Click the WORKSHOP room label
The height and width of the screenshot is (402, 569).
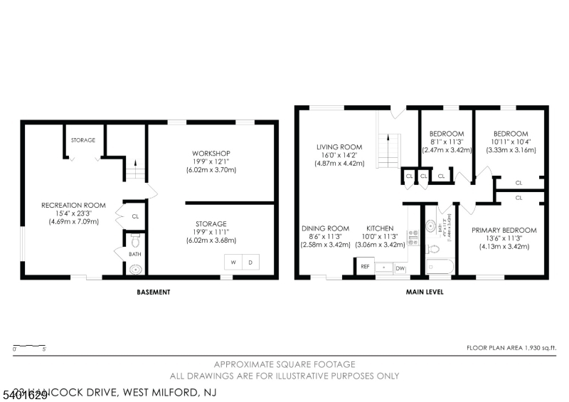(211, 153)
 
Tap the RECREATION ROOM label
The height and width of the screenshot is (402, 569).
(73, 205)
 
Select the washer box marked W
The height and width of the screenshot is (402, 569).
(233, 263)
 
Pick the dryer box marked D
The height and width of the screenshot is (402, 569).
(250, 263)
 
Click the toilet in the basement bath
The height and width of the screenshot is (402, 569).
(135, 238)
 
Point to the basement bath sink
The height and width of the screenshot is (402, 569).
(135, 269)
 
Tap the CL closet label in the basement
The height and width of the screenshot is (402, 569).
(134, 216)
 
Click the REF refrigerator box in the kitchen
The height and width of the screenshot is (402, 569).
(365, 267)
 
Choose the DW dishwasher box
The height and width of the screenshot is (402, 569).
(400, 268)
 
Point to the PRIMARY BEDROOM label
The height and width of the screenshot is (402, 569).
(504, 230)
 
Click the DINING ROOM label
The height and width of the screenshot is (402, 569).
(324, 228)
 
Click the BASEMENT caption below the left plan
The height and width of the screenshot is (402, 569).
(154, 292)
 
